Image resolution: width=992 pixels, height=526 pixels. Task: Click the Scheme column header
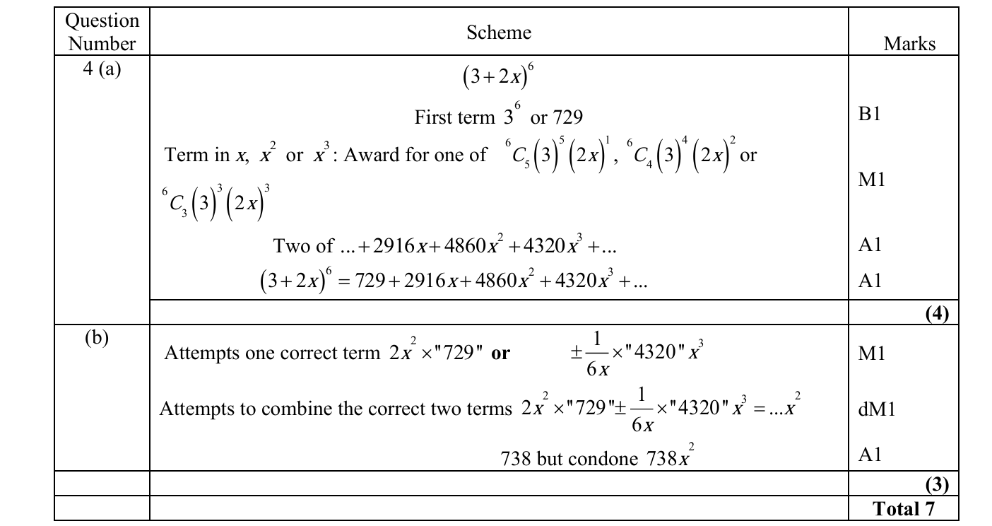[498, 32]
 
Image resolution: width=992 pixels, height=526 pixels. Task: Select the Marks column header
[909, 44]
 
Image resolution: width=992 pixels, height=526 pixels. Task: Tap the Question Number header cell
[102, 32]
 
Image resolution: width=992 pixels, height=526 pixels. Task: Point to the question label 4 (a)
[102, 69]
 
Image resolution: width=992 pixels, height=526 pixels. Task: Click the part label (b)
[96, 338]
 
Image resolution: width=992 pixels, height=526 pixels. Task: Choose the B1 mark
[870, 115]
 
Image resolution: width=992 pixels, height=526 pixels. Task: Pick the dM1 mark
[875, 409]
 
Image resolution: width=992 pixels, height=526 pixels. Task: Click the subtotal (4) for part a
[936, 313]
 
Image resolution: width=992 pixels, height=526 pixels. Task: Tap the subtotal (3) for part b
[936, 484]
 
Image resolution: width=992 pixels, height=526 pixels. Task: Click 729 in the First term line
[567, 117]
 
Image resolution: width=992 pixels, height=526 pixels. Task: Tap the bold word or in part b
[500, 353]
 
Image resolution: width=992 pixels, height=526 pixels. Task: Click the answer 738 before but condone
[516, 459]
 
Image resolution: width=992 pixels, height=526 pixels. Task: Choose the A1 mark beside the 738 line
[870, 455]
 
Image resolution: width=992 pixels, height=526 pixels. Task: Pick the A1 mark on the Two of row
[870, 245]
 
